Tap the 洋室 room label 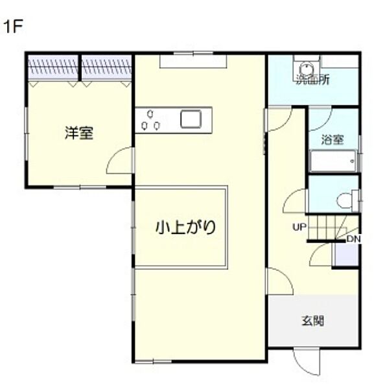[78, 134]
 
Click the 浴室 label [332, 139]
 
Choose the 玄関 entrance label [312, 320]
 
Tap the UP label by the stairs [298, 227]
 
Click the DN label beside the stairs [353, 239]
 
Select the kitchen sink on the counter [191, 119]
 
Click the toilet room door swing [296, 200]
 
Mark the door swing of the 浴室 [320, 117]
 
